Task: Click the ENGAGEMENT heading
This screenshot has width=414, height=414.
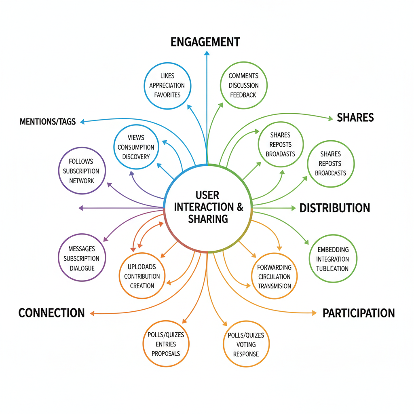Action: [205, 42]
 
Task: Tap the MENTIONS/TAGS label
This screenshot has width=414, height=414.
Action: [48, 121]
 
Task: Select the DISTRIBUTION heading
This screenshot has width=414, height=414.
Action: [334, 208]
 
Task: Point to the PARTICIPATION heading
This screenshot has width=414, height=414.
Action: [358, 313]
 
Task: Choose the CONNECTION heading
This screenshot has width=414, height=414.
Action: [52, 313]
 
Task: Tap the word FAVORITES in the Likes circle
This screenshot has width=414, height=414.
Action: [167, 95]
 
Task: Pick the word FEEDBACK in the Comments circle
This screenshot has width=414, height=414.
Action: [243, 95]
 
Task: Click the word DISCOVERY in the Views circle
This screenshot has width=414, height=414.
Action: [136, 157]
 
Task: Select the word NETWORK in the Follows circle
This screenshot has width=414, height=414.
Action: [82, 181]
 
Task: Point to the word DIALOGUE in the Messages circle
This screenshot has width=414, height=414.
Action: [82, 268]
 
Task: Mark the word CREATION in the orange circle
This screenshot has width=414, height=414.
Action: [142, 286]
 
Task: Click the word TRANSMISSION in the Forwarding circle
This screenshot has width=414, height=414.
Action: [274, 286]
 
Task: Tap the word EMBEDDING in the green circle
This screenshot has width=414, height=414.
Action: [333, 249]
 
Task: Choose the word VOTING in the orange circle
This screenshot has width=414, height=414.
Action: [246, 344]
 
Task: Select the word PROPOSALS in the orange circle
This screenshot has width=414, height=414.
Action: [166, 353]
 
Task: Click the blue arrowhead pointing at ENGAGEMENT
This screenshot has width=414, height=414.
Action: [207, 53]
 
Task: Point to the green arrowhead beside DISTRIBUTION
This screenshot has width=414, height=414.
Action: [294, 208]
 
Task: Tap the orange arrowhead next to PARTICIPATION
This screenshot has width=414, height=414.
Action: [314, 313]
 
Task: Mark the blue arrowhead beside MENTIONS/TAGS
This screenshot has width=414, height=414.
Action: [82, 121]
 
